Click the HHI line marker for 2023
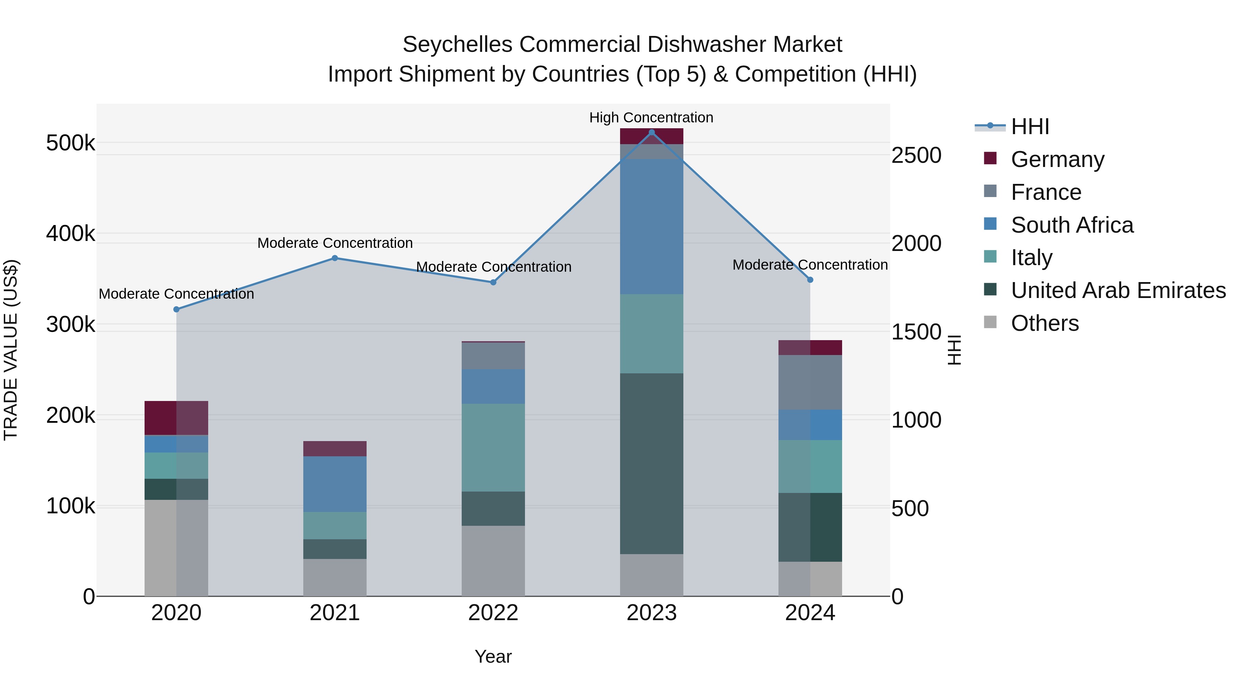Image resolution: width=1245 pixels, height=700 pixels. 652,132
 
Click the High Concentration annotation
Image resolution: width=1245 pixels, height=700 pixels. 651,118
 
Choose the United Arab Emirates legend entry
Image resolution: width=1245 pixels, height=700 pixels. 1118,290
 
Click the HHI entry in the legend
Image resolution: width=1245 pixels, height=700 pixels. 1030,127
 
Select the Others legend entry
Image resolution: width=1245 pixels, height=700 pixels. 1044,323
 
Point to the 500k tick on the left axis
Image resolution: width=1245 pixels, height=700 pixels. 71,143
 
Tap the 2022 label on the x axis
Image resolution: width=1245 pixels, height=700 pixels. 493,613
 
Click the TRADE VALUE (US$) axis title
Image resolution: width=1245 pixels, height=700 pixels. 11,350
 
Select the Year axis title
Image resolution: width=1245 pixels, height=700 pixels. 493,656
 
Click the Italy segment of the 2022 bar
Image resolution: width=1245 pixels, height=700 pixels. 493,447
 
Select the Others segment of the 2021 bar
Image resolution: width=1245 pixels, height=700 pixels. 334,577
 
